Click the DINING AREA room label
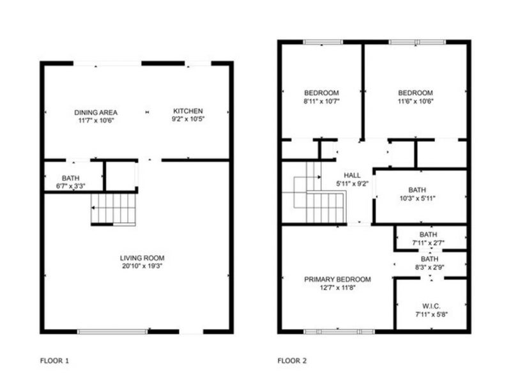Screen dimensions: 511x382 pyautogui.click(x=96, y=112)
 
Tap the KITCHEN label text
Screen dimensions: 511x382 pyautogui.click(x=188, y=111)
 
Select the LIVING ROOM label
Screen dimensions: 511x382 pyautogui.click(x=142, y=258)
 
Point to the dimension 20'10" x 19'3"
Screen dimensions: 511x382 pyautogui.click(x=142, y=266)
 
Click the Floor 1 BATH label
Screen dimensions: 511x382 pyautogui.click(x=71, y=178)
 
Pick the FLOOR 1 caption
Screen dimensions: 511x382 pyautogui.click(x=54, y=361)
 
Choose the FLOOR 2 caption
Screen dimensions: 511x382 pyautogui.click(x=292, y=361)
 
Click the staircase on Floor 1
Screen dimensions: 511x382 pyautogui.click(x=113, y=210)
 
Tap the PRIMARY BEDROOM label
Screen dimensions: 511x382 pyautogui.click(x=338, y=279)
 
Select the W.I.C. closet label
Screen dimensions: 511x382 pyautogui.click(x=432, y=307)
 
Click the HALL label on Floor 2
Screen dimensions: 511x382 pyautogui.click(x=353, y=176)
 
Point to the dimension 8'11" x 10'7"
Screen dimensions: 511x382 pyautogui.click(x=322, y=101)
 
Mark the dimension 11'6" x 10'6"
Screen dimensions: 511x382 pyautogui.click(x=416, y=101)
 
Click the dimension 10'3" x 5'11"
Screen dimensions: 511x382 pyautogui.click(x=418, y=198)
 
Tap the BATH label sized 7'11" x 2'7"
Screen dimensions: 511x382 pyautogui.click(x=429, y=234)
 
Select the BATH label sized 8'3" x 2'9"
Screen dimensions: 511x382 pyautogui.click(x=429, y=259)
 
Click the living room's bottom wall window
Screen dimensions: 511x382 pyautogui.click(x=112, y=332)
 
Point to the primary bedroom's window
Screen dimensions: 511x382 pyautogui.click(x=339, y=332)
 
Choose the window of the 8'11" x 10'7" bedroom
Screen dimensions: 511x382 pyautogui.click(x=323, y=42)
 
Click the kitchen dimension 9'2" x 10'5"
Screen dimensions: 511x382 pyautogui.click(x=188, y=119)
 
